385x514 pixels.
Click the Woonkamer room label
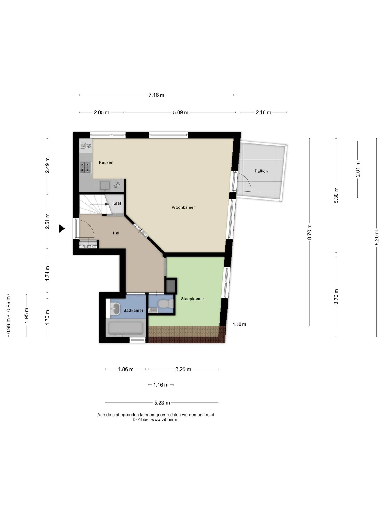click(x=183, y=207)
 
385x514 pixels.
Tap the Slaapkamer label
click(x=192, y=299)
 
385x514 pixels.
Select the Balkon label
click(x=261, y=171)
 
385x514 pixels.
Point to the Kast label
click(x=117, y=203)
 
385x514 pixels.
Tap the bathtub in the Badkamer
click(x=125, y=328)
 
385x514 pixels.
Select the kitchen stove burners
click(x=86, y=168)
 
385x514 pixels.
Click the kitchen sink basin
click(x=105, y=185)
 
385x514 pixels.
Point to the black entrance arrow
click(x=62, y=229)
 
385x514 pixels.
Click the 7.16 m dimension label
click(x=156, y=95)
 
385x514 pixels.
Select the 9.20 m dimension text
click(x=377, y=237)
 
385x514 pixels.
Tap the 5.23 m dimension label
click(x=162, y=403)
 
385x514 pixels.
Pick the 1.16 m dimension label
click(x=161, y=385)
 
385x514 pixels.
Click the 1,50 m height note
click(x=240, y=324)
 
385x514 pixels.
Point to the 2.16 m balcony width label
click(x=263, y=112)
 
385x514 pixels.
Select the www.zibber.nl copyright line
click(x=156, y=419)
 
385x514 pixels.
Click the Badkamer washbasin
click(x=115, y=309)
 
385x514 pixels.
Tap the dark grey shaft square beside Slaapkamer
click(x=171, y=286)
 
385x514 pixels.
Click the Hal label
click(x=116, y=233)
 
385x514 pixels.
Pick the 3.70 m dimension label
click(x=336, y=297)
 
